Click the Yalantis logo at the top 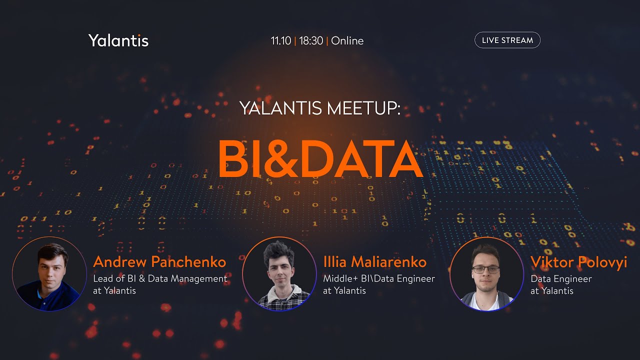(x=118, y=40)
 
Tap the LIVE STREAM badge (x=507, y=40)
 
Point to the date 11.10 (x=280, y=41)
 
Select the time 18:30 (x=311, y=41)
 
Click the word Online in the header (x=347, y=41)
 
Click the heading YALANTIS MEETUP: (x=320, y=108)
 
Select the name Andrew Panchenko (x=159, y=261)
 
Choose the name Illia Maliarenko (x=374, y=261)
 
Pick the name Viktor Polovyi (x=578, y=261)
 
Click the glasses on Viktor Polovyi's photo (x=485, y=269)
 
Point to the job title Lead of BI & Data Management (x=160, y=278)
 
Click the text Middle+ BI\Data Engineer (x=379, y=278)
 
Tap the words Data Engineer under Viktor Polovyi (x=561, y=278)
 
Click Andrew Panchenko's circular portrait (x=49, y=274)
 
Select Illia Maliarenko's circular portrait (x=279, y=274)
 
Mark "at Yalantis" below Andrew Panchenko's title (x=114, y=290)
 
